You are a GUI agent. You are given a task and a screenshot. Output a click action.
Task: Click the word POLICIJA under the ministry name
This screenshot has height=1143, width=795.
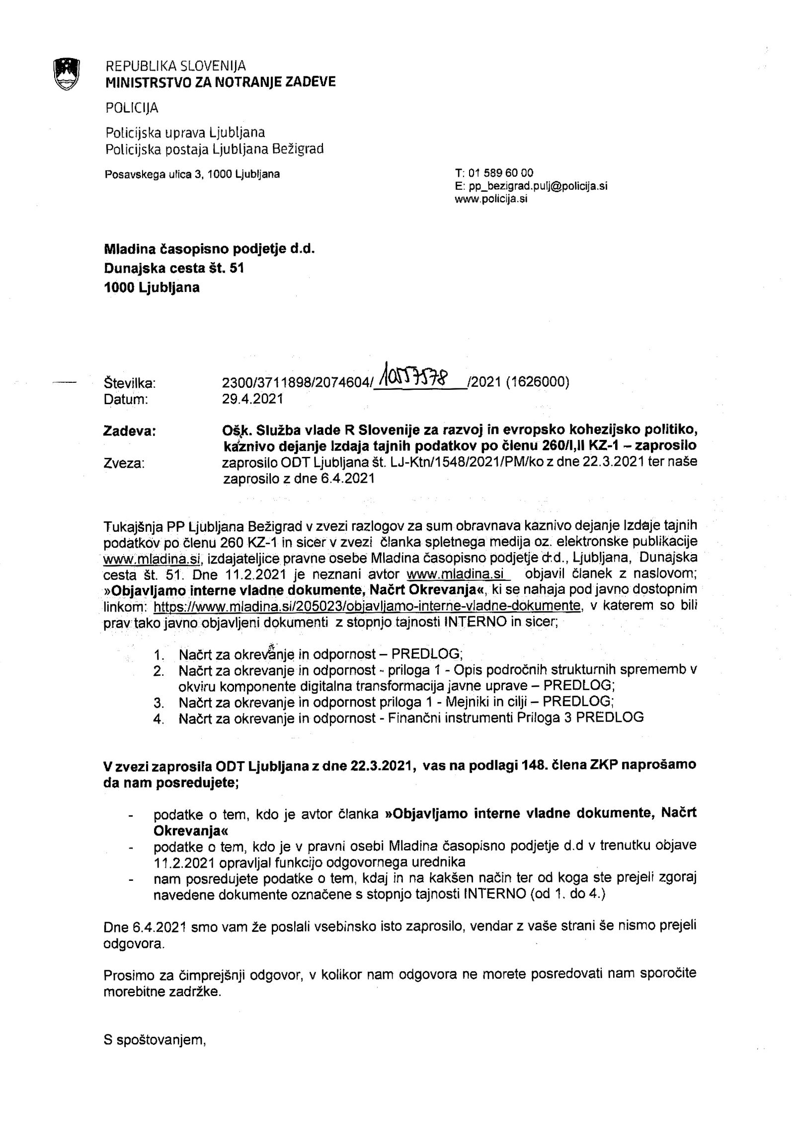(x=132, y=108)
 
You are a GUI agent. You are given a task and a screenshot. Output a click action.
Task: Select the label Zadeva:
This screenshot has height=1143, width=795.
(x=129, y=431)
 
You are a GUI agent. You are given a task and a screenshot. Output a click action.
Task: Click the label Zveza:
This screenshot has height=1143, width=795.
(x=124, y=463)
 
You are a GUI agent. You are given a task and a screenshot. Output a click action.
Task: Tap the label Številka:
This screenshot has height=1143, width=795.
(x=130, y=383)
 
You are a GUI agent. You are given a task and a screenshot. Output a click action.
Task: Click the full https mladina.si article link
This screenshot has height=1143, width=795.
(x=367, y=606)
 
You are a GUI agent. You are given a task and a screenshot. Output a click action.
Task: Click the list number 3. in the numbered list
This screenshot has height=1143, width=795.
(x=159, y=703)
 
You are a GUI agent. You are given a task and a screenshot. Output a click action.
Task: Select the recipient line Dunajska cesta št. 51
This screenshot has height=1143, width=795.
(x=174, y=268)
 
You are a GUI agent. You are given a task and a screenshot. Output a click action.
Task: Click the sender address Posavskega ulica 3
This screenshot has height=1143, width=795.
(x=192, y=174)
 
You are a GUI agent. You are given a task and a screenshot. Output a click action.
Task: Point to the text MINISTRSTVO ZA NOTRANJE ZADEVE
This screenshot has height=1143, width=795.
(x=221, y=82)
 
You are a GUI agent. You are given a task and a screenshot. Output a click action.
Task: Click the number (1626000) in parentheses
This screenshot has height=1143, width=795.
(x=538, y=382)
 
